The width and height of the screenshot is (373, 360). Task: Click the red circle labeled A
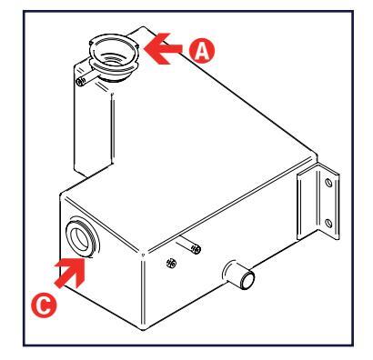[x=202, y=51]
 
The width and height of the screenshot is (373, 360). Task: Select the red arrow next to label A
[x=163, y=49]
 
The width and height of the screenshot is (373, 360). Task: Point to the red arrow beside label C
[x=71, y=273]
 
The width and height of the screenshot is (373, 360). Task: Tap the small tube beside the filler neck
[x=86, y=79]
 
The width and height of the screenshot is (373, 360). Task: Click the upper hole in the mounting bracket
[x=328, y=183]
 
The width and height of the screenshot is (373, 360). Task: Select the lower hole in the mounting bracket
[x=328, y=224]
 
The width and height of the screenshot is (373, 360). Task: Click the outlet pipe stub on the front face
[x=239, y=274]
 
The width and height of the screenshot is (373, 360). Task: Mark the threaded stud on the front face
[x=188, y=244]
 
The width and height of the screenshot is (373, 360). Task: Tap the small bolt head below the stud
[x=171, y=263]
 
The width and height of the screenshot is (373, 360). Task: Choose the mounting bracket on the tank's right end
[x=318, y=201]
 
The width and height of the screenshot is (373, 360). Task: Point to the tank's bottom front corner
[x=143, y=329]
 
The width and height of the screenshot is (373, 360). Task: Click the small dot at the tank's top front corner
[x=143, y=255]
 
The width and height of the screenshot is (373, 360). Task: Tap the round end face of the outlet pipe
[x=247, y=279]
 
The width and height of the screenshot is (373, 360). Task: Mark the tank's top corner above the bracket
[x=315, y=155]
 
